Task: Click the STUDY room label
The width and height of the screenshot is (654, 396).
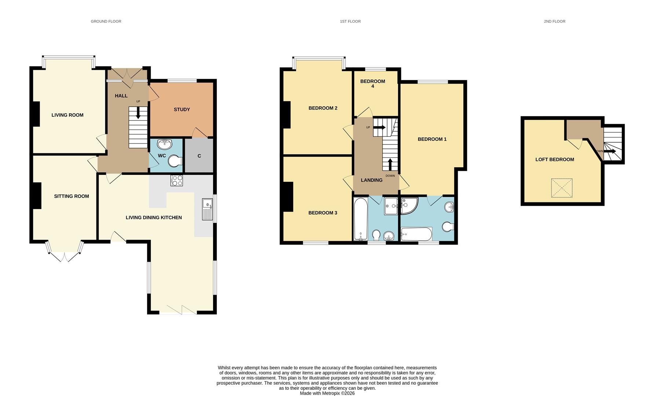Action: click(182, 109)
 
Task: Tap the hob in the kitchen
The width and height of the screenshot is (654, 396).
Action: click(176, 180)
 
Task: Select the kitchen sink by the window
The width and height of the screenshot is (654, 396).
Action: click(207, 209)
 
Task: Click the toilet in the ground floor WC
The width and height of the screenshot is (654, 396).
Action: click(175, 161)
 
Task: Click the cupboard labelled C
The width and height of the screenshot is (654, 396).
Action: click(199, 155)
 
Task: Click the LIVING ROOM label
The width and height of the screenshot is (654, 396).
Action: click(67, 115)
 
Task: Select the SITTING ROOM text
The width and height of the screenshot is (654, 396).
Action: click(72, 196)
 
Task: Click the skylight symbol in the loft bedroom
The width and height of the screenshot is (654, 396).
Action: click(562, 188)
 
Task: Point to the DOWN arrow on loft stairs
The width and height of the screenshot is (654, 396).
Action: click(610, 151)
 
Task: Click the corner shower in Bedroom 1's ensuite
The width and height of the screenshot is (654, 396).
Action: click(408, 205)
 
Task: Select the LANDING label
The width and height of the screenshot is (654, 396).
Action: click(372, 180)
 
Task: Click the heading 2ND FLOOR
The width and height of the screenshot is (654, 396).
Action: click(554, 21)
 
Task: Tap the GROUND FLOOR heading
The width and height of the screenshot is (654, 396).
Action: click(106, 21)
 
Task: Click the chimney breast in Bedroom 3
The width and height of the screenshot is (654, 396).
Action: click(288, 197)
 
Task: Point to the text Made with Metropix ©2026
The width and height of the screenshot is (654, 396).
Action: click(327, 393)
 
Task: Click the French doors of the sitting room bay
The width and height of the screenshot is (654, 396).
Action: click(65, 256)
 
